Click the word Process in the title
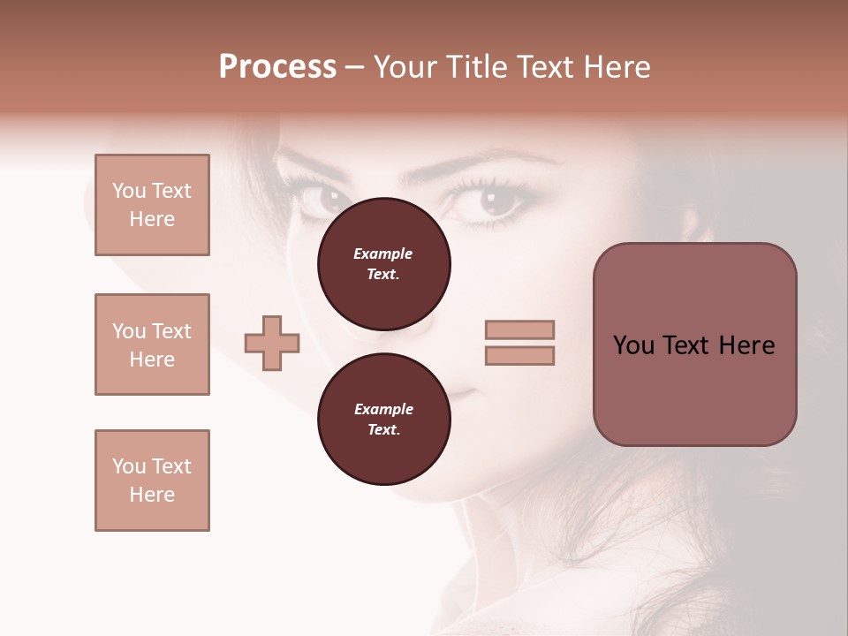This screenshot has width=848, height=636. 277,67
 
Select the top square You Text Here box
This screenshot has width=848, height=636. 152,205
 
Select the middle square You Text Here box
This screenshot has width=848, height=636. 152,344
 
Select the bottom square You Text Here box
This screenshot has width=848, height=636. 152,481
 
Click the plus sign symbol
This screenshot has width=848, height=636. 272,343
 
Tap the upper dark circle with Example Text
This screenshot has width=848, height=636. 383,264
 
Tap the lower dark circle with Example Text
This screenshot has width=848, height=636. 383,420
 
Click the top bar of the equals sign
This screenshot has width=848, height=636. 519,329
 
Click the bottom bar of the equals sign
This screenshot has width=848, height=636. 519,355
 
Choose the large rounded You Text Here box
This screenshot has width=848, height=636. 694,344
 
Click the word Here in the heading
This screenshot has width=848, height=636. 617,67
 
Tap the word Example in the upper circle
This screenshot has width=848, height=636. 383,254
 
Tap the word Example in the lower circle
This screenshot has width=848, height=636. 383,409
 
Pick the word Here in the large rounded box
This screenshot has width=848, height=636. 746,345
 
